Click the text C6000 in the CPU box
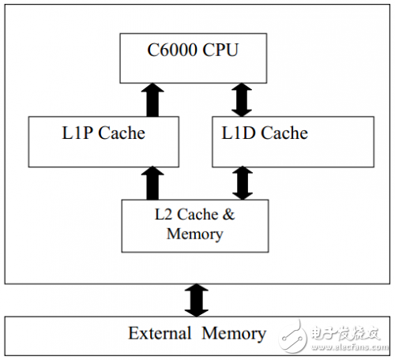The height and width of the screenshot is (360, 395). [x=172, y=50]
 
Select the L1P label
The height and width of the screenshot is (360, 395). [x=77, y=133]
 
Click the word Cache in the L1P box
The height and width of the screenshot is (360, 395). [x=122, y=133]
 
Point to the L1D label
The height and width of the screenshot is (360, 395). [x=239, y=133]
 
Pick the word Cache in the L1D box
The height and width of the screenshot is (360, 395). [x=284, y=133]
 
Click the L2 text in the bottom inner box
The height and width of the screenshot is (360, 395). [x=164, y=214]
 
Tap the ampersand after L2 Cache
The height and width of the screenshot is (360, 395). [x=228, y=214]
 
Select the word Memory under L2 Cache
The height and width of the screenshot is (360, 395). [x=195, y=234]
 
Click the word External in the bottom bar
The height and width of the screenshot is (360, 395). [x=160, y=333]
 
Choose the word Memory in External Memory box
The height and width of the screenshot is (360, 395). [x=234, y=334]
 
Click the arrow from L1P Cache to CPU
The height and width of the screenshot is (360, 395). [x=152, y=100]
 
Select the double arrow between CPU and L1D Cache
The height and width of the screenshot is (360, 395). [x=242, y=100]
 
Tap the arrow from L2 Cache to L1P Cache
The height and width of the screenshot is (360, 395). [x=152, y=183]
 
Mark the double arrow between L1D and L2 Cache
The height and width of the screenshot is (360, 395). [x=243, y=183]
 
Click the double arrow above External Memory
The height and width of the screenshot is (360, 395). [x=197, y=300]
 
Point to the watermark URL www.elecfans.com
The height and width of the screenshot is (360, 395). [x=350, y=347]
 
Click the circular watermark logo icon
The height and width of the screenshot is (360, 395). [x=293, y=336]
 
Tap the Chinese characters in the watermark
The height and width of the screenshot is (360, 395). [x=345, y=333]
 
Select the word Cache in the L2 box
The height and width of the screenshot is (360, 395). [x=197, y=214]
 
